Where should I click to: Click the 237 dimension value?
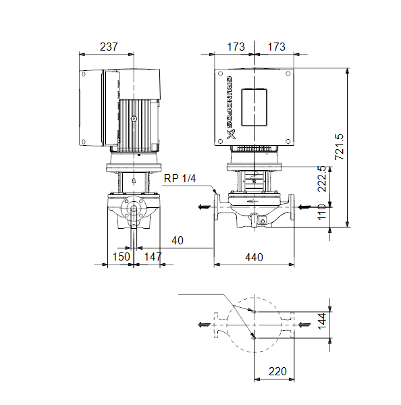[109, 47]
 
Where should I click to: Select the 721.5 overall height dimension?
[340, 146]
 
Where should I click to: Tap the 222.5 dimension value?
[322, 179]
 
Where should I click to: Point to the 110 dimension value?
[322, 212]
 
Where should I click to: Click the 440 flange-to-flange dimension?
[254, 258]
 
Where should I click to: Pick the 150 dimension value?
[122, 256]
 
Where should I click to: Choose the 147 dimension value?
[153, 256]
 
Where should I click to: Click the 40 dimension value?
[178, 241]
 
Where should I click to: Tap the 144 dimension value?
[322, 321]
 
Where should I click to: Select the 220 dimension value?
[277, 371]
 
